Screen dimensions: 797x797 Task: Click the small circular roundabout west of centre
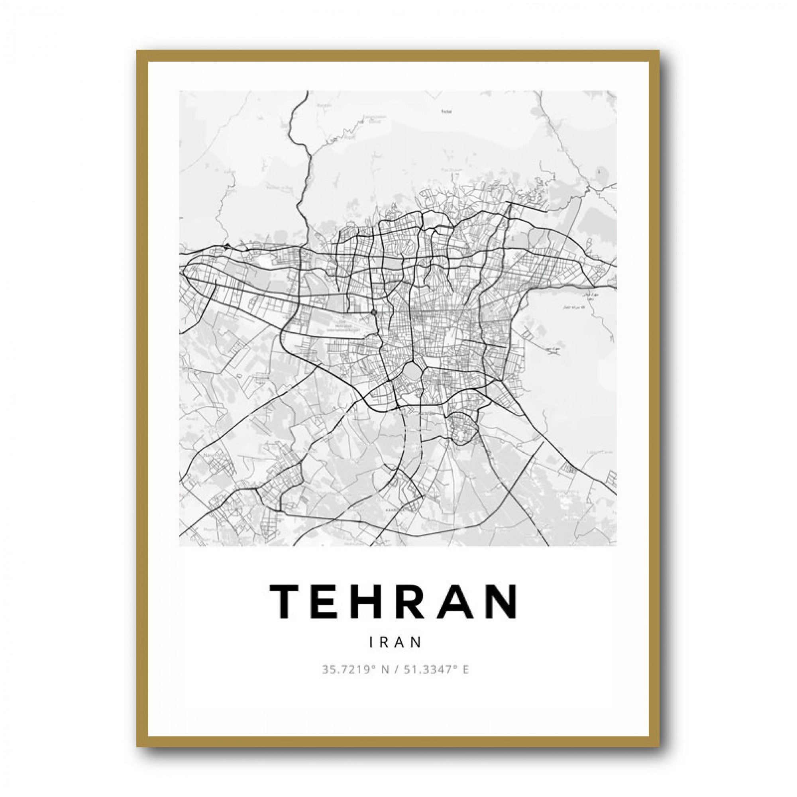coord(374,312)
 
